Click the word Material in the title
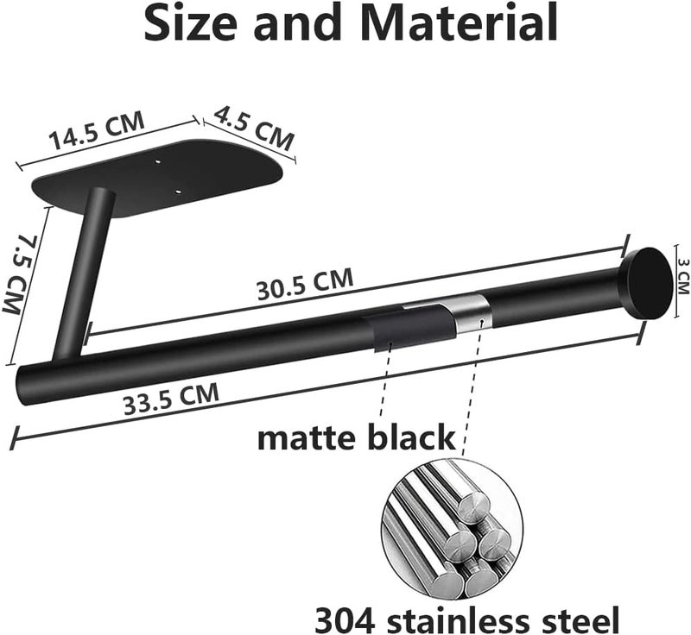point(461,22)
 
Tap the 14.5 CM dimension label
point(97,130)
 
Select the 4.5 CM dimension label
point(254,128)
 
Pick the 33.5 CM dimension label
point(171,399)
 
